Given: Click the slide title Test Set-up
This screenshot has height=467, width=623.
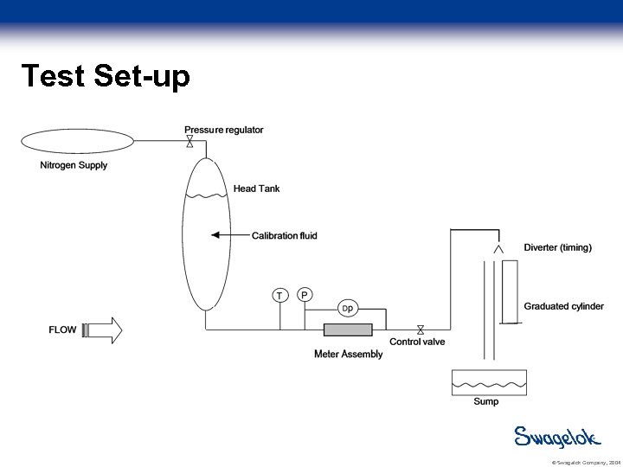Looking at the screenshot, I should pyautogui.click(x=105, y=76).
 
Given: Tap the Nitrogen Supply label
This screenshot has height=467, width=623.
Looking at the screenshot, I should pyautogui.click(x=74, y=165).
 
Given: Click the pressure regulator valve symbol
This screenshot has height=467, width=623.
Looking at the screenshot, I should pyautogui.click(x=189, y=141).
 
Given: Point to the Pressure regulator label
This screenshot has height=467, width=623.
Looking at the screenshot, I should pyautogui.click(x=223, y=130).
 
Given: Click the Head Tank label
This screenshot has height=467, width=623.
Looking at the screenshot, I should pyautogui.click(x=256, y=189).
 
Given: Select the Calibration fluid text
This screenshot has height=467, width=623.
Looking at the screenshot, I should pyautogui.click(x=284, y=235).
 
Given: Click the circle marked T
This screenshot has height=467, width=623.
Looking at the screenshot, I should pyautogui.click(x=279, y=296).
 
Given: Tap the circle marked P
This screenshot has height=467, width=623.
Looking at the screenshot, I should pyautogui.click(x=304, y=295).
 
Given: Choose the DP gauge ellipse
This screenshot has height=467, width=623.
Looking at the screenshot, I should pyautogui.click(x=347, y=309).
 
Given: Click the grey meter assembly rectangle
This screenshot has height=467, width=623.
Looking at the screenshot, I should pyautogui.click(x=348, y=329).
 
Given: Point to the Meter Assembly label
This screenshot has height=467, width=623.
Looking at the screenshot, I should pyautogui.click(x=348, y=354).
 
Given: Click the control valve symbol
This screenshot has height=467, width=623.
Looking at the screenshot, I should pyautogui.click(x=421, y=329).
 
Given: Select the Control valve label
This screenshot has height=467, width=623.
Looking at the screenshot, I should pyautogui.click(x=417, y=342).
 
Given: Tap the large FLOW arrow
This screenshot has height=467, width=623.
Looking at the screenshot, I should pyautogui.click(x=102, y=329).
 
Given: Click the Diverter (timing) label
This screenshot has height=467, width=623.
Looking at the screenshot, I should pyautogui.click(x=557, y=247).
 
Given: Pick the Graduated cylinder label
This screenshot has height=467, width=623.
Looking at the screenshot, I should pyautogui.click(x=563, y=306).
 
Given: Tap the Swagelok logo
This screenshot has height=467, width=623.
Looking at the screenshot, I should pyautogui.click(x=557, y=437).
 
